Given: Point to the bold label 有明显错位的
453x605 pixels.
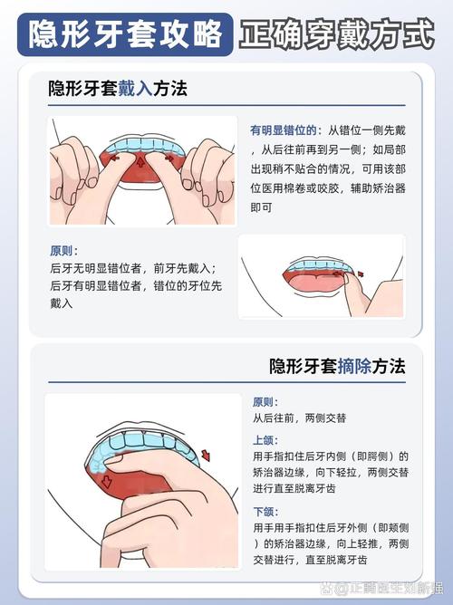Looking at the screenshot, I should click(282, 130).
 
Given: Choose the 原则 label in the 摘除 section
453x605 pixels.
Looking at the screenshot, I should click(264, 402).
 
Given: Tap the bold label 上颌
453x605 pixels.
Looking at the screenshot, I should click(264, 440).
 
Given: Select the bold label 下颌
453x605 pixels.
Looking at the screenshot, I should click(264, 512).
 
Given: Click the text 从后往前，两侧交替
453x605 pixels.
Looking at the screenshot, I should click(299, 419).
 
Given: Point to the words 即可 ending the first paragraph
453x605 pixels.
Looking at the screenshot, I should click(263, 207).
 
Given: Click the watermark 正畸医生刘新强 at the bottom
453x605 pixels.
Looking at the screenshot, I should click(390, 589).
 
